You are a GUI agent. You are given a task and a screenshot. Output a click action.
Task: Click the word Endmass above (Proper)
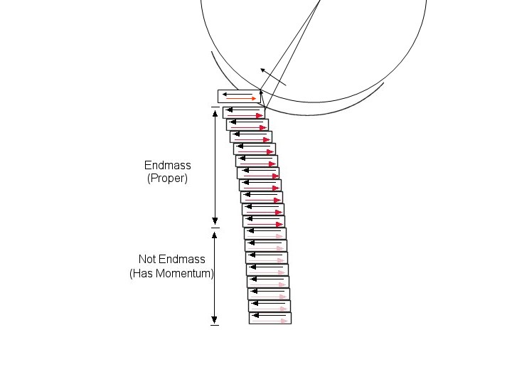[168, 165]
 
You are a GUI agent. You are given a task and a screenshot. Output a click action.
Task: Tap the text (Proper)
[167, 178]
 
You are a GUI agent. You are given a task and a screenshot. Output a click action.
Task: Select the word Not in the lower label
[147, 260]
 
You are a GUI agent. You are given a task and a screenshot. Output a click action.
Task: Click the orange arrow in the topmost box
[241, 99]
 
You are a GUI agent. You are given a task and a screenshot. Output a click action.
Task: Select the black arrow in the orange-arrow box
[238, 95]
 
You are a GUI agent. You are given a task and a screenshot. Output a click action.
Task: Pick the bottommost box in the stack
[270, 318]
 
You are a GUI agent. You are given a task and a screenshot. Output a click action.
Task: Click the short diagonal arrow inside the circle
[273, 77]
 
